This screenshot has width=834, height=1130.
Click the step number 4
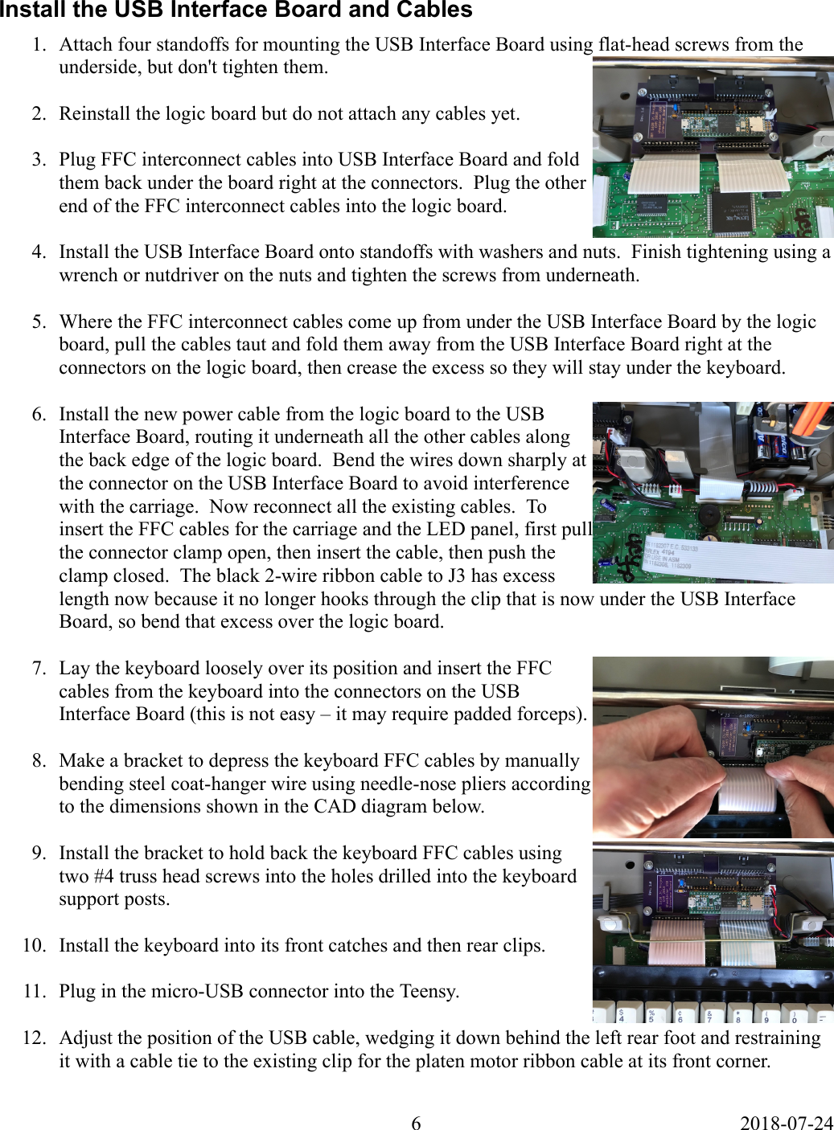(x=39, y=252)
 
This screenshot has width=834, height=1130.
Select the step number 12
(x=34, y=1038)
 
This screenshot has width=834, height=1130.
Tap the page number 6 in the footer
(x=416, y=1123)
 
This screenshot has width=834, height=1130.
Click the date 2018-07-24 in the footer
(x=786, y=1123)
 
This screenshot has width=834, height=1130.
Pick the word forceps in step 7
(x=553, y=714)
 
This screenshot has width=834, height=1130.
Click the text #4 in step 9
(x=105, y=877)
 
